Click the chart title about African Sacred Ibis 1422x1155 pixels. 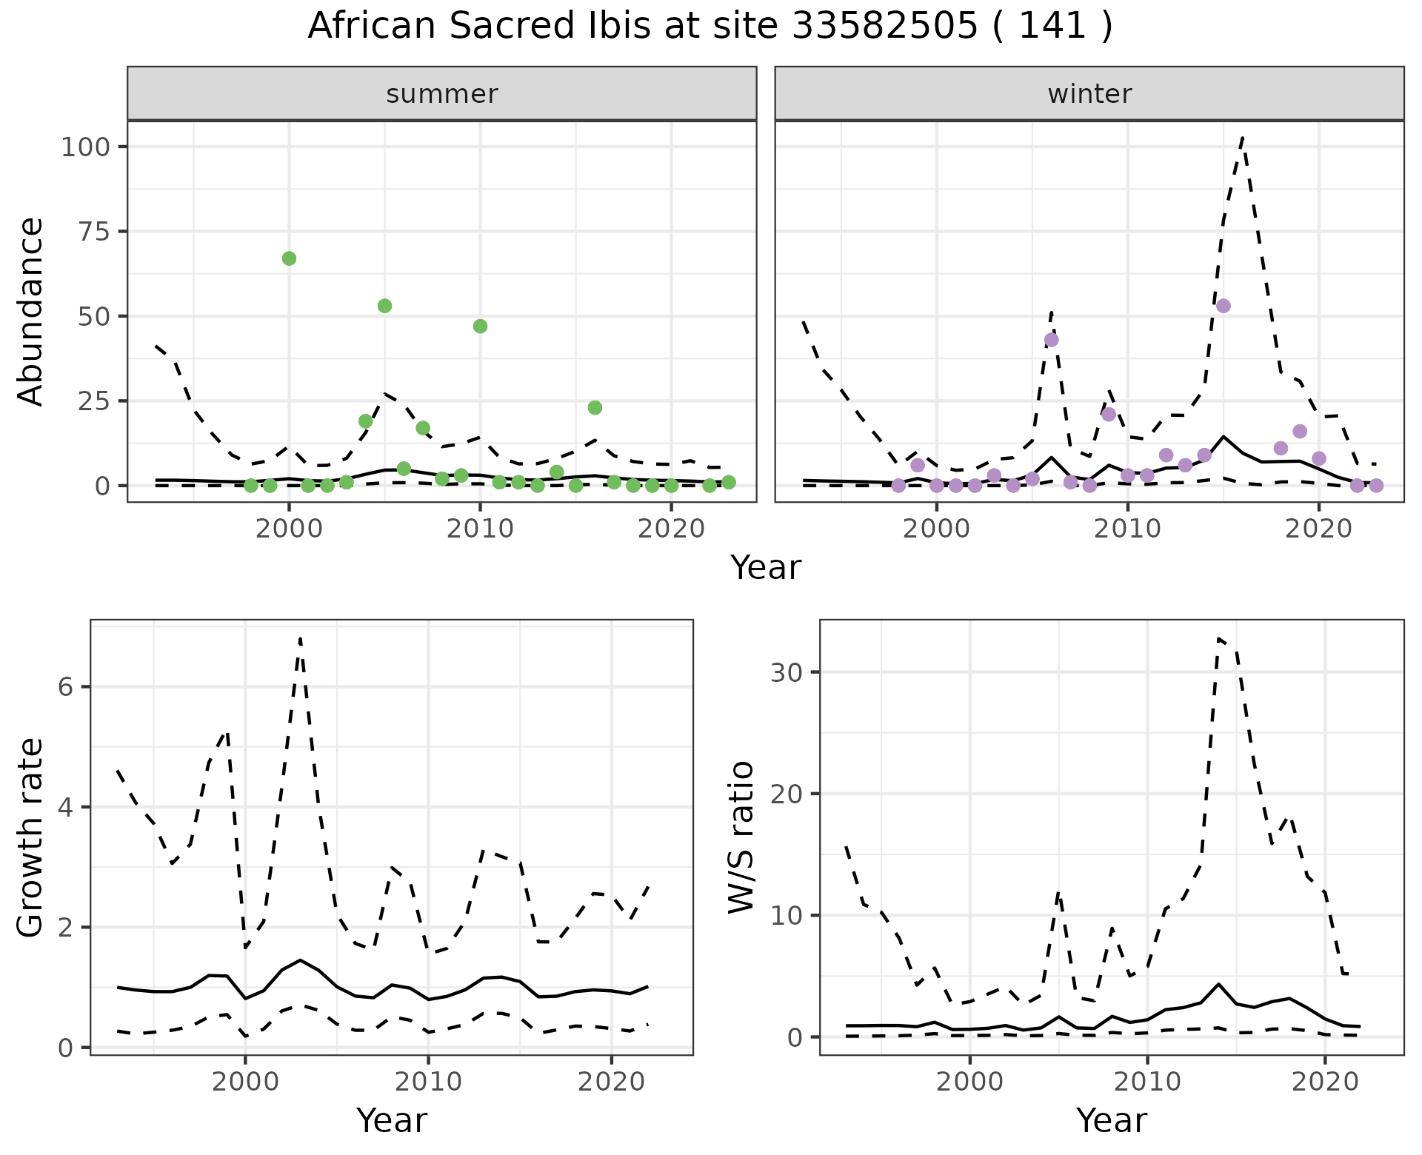click(x=710, y=27)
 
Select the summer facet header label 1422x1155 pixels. click(x=442, y=94)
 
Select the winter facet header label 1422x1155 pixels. click(x=1089, y=94)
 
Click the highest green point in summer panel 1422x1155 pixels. click(x=289, y=258)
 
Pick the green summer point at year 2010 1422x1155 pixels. click(x=480, y=327)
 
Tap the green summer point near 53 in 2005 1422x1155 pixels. click(x=384, y=306)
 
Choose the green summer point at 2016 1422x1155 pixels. click(x=595, y=407)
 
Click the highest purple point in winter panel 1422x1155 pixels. click(x=1224, y=306)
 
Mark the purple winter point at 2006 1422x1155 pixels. click(x=1051, y=340)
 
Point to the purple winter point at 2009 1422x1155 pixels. click(x=1109, y=414)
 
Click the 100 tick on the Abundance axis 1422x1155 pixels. click(x=86, y=147)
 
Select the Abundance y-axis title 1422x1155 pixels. click(x=31, y=311)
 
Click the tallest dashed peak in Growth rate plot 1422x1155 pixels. click(x=300, y=638)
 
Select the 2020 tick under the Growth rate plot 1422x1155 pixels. click(x=611, y=1082)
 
